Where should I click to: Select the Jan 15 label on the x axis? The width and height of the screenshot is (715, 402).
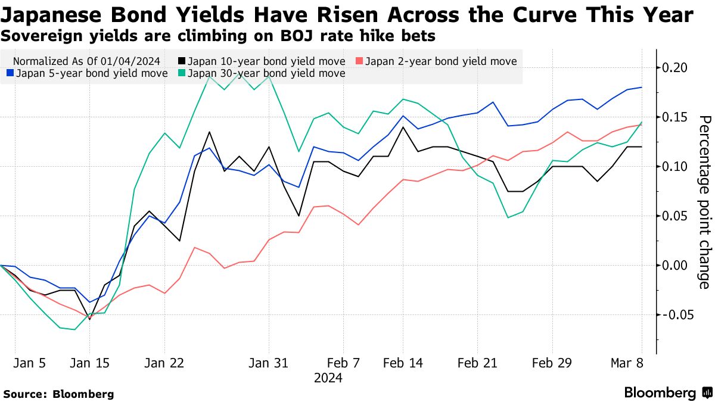tap(89, 363)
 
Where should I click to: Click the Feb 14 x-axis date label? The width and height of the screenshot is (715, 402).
tap(403, 363)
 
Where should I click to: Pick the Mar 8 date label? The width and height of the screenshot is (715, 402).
tap(627, 363)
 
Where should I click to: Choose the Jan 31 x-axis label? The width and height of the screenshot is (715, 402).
tap(269, 363)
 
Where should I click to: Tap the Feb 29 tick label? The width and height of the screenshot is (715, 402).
tap(552, 363)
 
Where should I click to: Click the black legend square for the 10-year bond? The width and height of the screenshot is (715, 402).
tap(182, 61)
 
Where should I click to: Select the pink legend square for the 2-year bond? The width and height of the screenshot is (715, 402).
tap(359, 61)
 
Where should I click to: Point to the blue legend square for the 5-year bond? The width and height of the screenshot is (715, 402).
tap(9, 73)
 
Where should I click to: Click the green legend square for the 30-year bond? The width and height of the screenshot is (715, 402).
tap(182, 73)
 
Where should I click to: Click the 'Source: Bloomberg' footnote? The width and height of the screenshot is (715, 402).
tap(58, 394)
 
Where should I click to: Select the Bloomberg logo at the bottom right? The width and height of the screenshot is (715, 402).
tap(668, 392)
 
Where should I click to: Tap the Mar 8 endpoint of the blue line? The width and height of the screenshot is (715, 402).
tap(642, 88)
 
